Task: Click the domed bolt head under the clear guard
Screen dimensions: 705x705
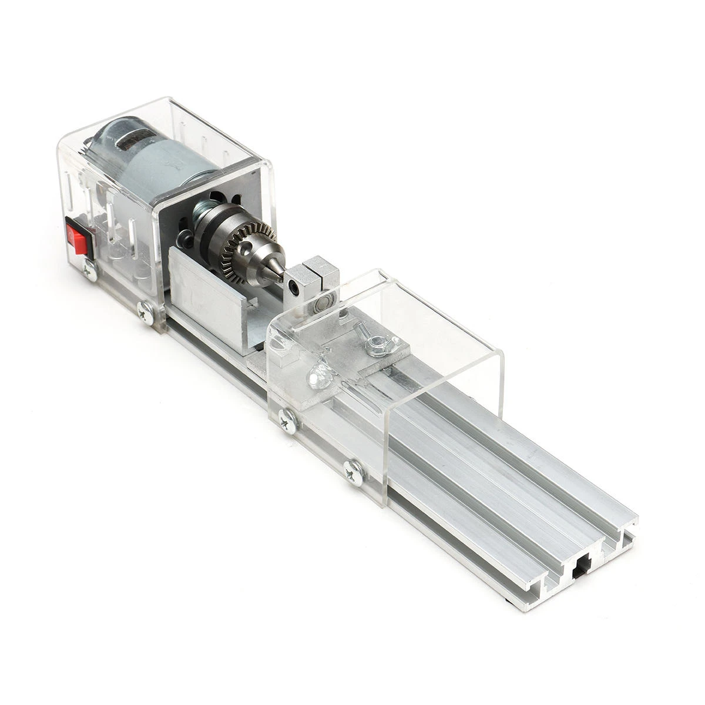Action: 317,374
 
